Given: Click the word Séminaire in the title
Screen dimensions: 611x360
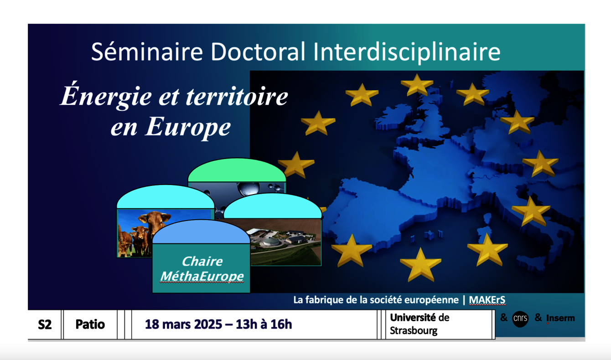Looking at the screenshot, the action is tap(147, 52).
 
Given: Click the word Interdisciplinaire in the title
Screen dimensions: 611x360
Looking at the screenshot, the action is tap(407, 52).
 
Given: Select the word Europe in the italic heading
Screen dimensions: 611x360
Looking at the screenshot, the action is tap(188, 127).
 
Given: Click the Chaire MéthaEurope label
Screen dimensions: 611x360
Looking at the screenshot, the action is tap(202, 269).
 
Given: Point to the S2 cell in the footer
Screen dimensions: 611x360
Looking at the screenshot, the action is tap(45, 324).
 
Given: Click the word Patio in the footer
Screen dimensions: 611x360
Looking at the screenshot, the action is tap(90, 324).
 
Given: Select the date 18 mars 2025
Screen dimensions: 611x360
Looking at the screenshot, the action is tap(183, 324).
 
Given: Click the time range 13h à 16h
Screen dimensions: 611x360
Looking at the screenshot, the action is tap(264, 324).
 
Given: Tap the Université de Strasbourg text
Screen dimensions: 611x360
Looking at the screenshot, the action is tap(419, 324).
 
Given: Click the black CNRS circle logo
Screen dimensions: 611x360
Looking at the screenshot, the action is tap(520, 319).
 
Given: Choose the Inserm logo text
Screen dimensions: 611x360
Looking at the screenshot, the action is tap(560, 318).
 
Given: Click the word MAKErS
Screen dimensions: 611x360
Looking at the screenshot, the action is tap(487, 300).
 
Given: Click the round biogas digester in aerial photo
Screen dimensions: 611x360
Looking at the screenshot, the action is tap(271, 242).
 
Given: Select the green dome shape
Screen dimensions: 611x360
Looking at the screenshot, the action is tap(237, 170).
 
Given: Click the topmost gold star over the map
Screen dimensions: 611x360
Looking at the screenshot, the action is tap(417, 85).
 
